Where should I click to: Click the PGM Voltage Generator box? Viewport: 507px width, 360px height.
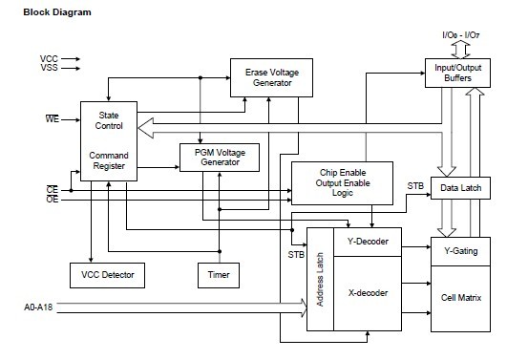(x=219, y=157)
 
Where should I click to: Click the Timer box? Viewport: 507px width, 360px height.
(x=219, y=275)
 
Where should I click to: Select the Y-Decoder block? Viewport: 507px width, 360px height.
(x=369, y=241)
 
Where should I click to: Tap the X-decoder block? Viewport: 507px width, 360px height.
(x=369, y=292)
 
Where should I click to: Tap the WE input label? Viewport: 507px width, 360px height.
(x=53, y=119)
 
